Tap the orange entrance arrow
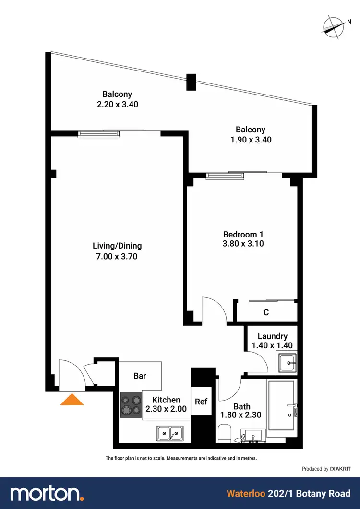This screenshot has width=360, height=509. point(72,400)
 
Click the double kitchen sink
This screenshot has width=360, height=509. point(170,434)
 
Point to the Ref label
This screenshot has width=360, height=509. point(201,401)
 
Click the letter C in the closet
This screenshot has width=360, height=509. point(265,312)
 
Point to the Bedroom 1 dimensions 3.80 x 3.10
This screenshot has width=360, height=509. point(243,244)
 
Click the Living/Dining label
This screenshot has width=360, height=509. point(117,246)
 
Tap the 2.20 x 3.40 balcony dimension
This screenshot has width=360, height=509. point(117,104)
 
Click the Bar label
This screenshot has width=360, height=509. point(140,376)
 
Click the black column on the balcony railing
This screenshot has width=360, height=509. point(191,82)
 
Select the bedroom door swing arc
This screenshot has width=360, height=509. point(215,309)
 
